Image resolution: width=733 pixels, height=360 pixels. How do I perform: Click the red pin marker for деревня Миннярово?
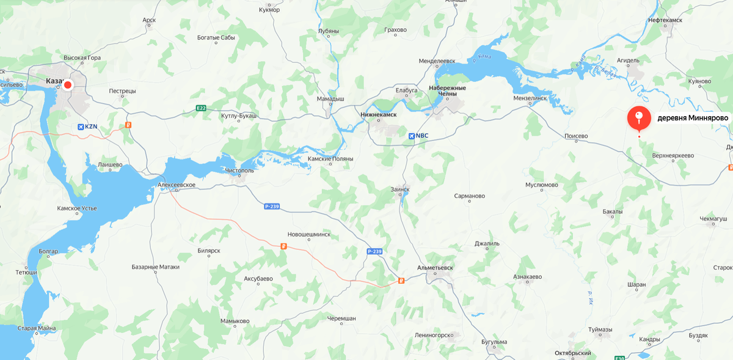[x=639, y=117]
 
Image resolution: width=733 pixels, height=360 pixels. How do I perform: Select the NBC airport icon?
[x=411, y=135]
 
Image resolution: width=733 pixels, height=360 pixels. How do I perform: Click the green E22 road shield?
[x=201, y=108]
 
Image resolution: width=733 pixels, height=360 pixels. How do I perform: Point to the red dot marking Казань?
[x=68, y=85]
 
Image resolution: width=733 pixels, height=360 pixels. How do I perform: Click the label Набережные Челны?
[x=447, y=91]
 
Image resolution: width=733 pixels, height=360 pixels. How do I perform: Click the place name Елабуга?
[x=406, y=90]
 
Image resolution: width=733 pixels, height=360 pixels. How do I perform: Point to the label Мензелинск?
[x=530, y=98]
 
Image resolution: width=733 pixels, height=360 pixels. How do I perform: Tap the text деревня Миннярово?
[x=693, y=117]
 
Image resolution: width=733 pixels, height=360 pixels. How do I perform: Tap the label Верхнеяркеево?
[x=673, y=155]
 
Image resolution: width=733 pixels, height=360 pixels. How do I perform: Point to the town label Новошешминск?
[x=309, y=234]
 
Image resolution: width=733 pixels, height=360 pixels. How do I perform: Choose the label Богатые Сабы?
[x=216, y=38]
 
